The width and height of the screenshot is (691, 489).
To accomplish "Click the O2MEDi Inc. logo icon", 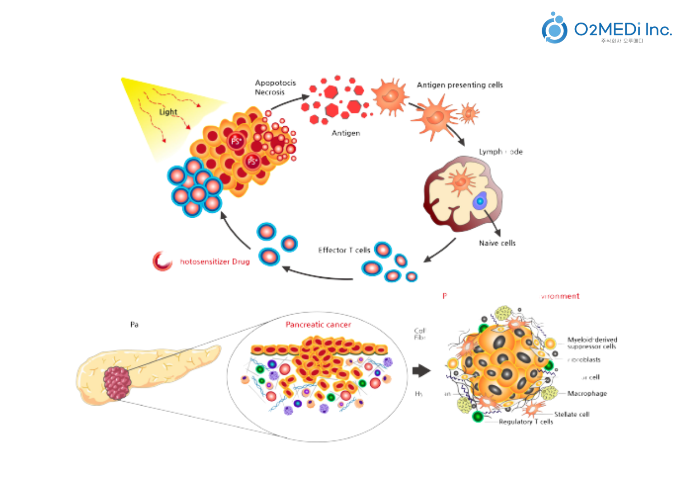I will pyautogui.click(x=554, y=29).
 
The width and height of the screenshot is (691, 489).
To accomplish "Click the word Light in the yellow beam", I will pyautogui.click(x=168, y=112).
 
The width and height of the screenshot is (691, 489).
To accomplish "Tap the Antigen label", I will pyautogui.click(x=346, y=133).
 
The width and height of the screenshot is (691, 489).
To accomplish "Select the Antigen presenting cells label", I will pyautogui.click(x=459, y=85).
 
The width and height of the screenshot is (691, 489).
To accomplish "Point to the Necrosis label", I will pyautogui.click(x=270, y=92).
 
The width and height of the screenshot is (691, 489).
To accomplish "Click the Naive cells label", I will pyautogui.click(x=497, y=243).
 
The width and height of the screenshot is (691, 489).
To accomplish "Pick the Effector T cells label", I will pyautogui.click(x=344, y=250).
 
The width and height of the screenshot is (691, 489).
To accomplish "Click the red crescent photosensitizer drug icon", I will pyautogui.click(x=162, y=261).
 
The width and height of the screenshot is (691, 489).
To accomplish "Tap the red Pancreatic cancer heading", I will pyautogui.click(x=318, y=325).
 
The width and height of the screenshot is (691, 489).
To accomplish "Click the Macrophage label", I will pyautogui.click(x=587, y=393).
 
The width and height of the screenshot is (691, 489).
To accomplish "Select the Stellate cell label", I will pyautogui.click(x=572, y=414).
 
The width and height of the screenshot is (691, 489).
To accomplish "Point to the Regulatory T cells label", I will pyautogui.click(x=525, y=422).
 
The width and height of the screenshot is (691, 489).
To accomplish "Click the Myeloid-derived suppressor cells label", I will pyautogui.click(x=592, y=343).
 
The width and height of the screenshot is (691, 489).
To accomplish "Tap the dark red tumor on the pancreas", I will pyautogui.click(x=118, y=383).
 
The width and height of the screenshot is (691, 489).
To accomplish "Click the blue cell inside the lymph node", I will pyautogui.click(x=480, y=201).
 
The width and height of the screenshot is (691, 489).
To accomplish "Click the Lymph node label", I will pyautogui.click(x=500, y=152).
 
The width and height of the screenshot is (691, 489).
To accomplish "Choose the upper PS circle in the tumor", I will pyautogui.click(x=236, y=141).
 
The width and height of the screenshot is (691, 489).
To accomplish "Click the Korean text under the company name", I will pyautogui.click(x=622, y=41).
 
